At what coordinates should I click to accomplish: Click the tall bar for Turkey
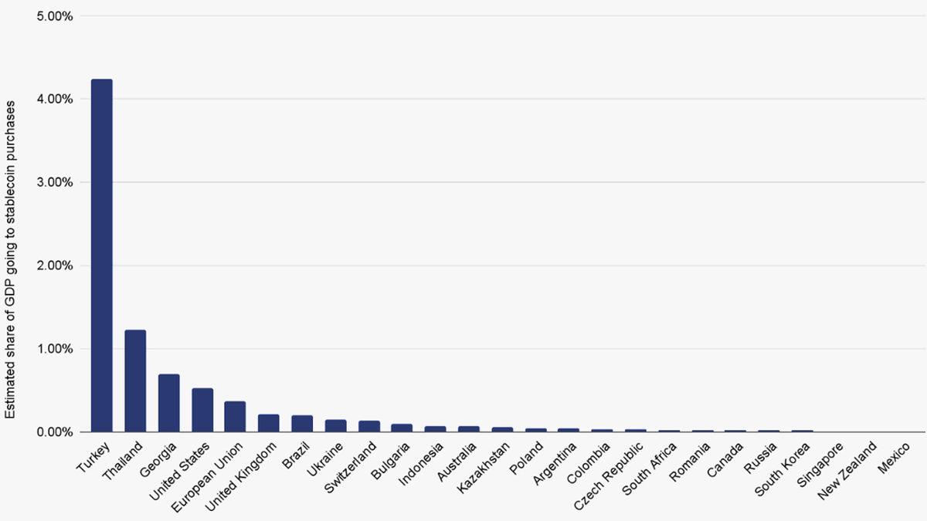click(x=101, y=255)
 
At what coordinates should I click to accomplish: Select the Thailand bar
click(x=135, y=381)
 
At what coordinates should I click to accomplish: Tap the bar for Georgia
click(x=168, y=403)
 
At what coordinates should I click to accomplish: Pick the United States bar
click(x=202, y=410)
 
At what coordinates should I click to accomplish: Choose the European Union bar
click(x=235, y=417)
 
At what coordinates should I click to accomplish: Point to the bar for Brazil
click(x=302, y=424)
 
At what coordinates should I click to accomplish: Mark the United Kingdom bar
click(x=268, y=423)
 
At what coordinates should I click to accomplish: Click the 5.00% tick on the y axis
click(x=54, y=15)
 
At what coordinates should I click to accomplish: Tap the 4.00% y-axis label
click(x=54, y=99)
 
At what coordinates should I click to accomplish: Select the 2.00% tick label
click(x=54, y=266)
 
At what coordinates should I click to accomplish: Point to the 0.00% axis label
click(x=54, y=432)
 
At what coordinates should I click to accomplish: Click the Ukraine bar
click(x=335, y=425)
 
